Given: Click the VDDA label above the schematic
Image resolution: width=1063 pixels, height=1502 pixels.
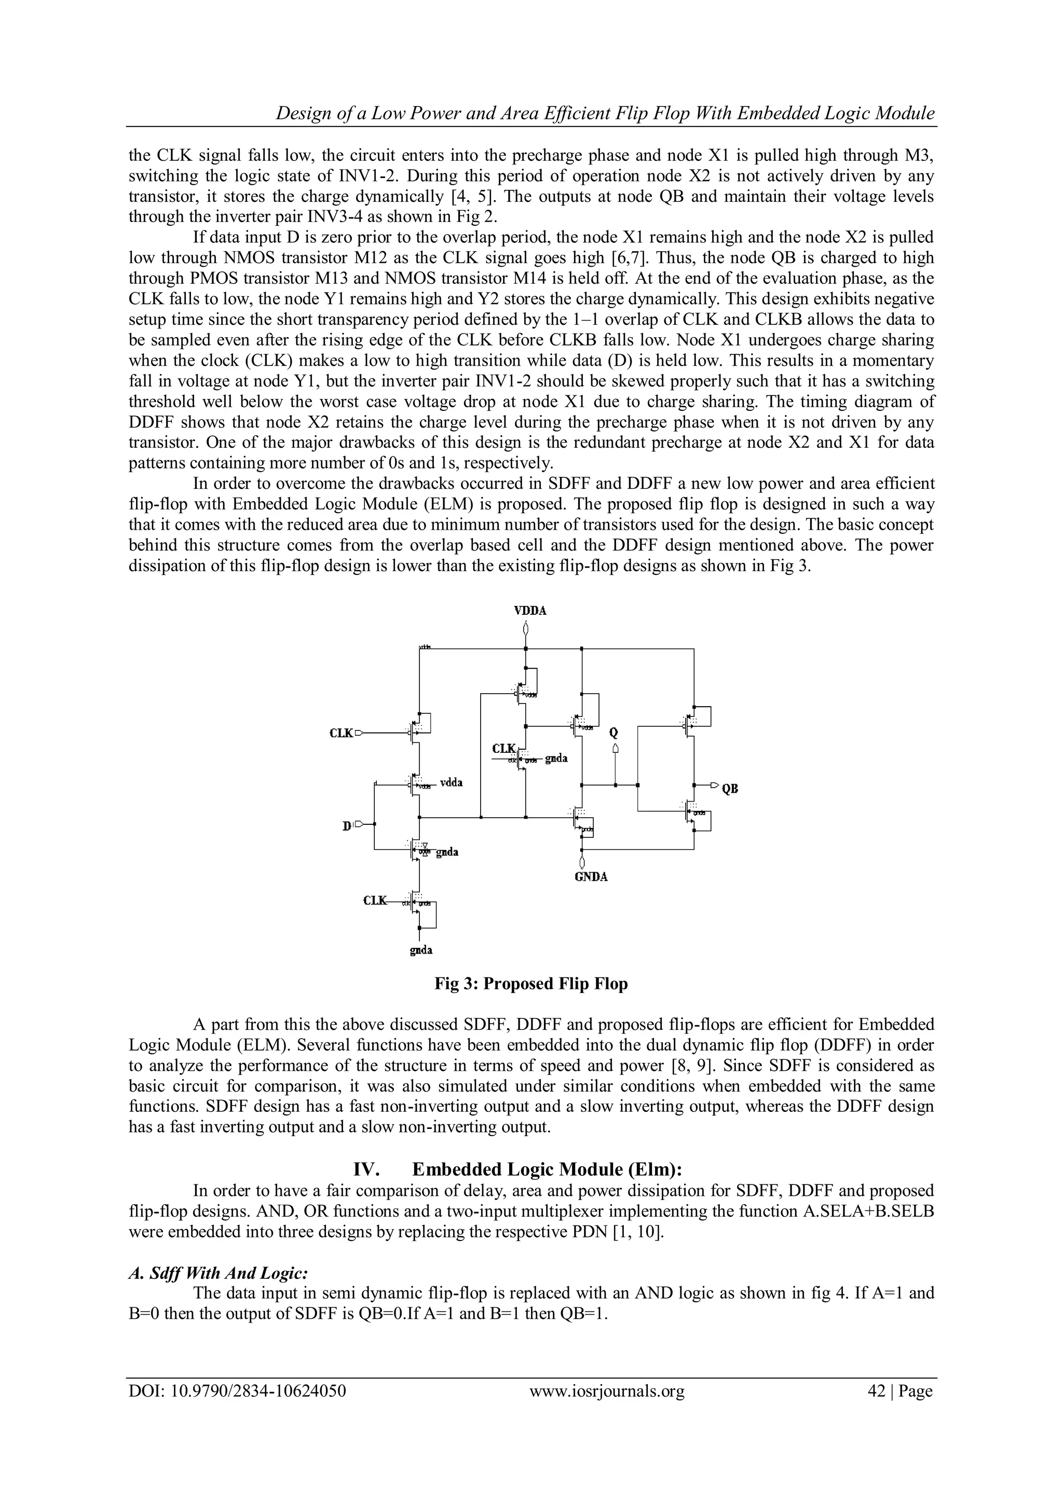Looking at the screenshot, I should coord(529,610).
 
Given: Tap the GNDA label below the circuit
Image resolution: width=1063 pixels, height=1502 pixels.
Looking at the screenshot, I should coord(591,877).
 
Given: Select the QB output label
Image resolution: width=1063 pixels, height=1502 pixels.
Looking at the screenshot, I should coord(730,789).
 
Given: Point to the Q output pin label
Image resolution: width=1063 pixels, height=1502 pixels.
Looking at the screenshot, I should coord(614,732).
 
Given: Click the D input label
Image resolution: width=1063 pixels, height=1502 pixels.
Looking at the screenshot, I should coord(347,826).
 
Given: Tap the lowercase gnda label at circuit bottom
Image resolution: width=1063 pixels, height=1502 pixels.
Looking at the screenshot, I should coord(421,950).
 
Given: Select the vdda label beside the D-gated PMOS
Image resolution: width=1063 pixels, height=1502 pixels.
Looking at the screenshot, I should coord(452,782).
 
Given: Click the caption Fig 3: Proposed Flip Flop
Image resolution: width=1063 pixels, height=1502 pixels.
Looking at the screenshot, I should coord(531,984).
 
